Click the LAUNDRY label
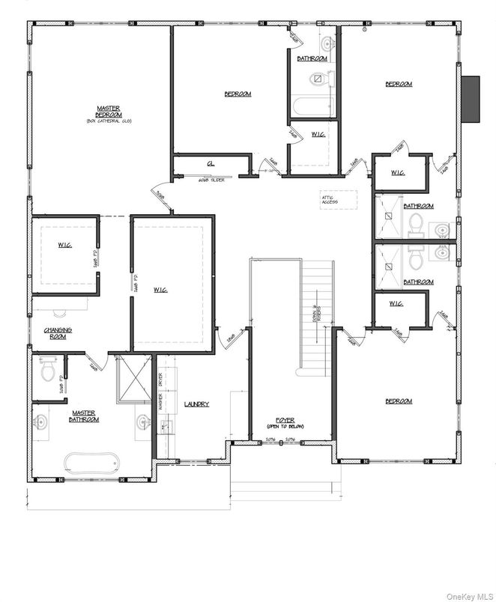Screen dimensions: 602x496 point(196,404)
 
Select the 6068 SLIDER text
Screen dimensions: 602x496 point(213,180)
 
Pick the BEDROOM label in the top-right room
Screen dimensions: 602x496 point(398,84)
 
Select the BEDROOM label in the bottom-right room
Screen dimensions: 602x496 point(398,401)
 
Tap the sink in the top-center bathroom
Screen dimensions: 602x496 point(327,41)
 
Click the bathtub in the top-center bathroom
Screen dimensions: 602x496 point(312,105)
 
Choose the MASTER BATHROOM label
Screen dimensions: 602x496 point(85,416)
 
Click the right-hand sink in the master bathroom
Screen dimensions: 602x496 point(142,423)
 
